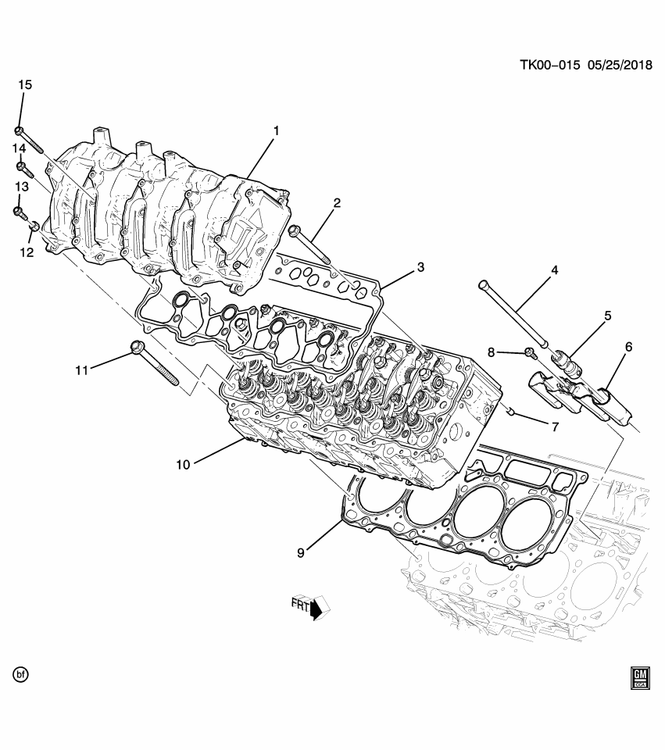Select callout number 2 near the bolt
(337, 204)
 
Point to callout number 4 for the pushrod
(554, 270)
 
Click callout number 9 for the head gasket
(302, 552)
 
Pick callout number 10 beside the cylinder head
(183, 464)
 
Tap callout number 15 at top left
(25, 84)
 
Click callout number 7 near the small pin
(555, 427)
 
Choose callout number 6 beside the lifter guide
(627, 347)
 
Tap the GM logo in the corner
(640, 677)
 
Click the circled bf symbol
(20, 673)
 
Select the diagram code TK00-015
(549, 66)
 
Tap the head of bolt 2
(295, 230)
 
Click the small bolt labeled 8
(530, 353)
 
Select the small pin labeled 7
(509, 411)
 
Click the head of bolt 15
(19, 131)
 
